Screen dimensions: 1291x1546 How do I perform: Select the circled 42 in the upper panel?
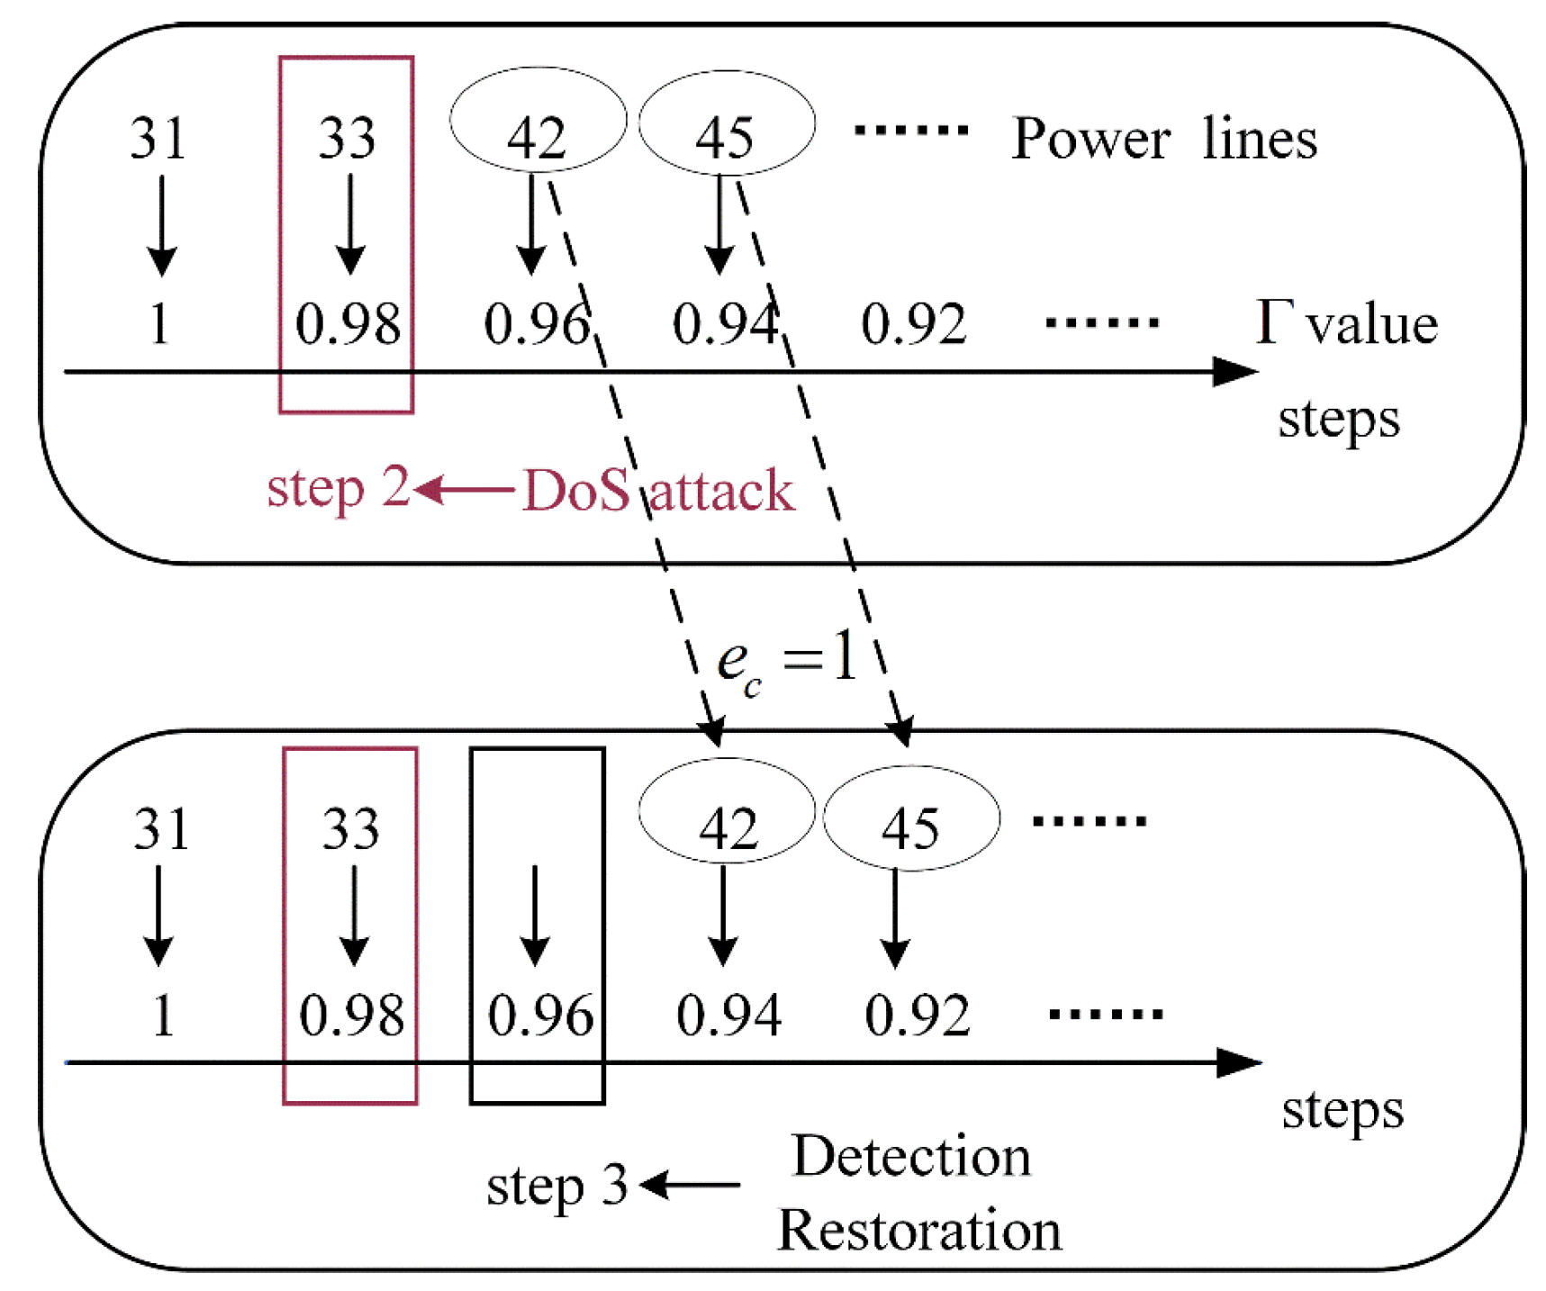tap(537, 137)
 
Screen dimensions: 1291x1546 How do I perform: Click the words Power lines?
tap(1163, 139)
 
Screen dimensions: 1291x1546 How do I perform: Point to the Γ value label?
tap(1345, 323)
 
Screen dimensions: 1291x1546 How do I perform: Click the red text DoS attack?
tap(657, 491)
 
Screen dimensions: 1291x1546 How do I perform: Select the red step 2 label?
tap(338, 488)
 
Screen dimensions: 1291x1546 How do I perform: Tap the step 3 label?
tap(556, 1186)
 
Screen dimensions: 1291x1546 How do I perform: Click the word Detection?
tap(911, 1156)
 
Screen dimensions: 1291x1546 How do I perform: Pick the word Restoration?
tap(918, 1230)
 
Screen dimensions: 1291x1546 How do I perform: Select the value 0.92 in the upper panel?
tap(913, 324)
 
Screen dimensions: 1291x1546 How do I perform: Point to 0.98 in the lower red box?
tap(351, 1016)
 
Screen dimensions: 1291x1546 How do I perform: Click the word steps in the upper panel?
tap(1338, 420)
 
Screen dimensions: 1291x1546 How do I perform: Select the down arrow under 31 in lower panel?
tap(158, 915)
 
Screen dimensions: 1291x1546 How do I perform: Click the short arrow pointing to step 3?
tap(690, 1185)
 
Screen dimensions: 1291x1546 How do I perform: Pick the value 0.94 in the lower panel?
tap(728, 1016)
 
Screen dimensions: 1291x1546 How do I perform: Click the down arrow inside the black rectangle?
tap(536, 915)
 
